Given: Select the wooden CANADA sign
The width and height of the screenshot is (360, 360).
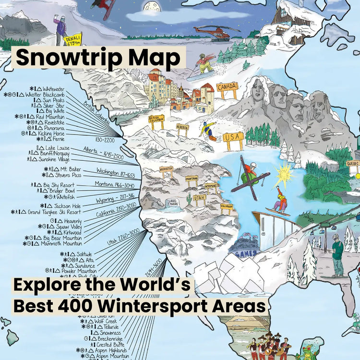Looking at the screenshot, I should click(x=227, y=87).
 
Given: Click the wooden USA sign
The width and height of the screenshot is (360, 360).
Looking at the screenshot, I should click(x=233, y=137).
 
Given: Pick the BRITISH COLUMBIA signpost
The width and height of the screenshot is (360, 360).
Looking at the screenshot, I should click(x=156, y=120).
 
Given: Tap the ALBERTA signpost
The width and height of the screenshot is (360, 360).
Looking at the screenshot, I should click(x=182, y=127).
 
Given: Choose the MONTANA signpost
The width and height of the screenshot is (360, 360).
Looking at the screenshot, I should click(x=192, y=179).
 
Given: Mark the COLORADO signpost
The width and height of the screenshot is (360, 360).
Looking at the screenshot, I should click(x=227, y=206).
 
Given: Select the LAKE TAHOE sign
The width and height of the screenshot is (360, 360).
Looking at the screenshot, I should click(x=173, y=203).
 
